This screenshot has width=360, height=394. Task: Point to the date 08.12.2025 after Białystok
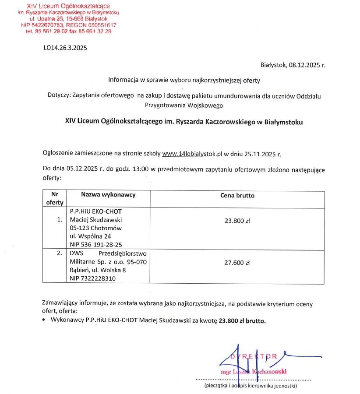point(304,65)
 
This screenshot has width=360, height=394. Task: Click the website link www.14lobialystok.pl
point(192,154)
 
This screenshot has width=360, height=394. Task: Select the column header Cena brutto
point(237,196)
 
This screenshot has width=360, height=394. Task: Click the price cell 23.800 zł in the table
point(237,221)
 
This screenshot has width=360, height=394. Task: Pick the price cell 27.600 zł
point(237,263)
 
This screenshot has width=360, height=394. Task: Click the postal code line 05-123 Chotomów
point(95,228)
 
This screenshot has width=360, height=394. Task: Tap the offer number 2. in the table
point(60,253)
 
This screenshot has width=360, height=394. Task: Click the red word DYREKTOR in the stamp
point(254,356)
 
